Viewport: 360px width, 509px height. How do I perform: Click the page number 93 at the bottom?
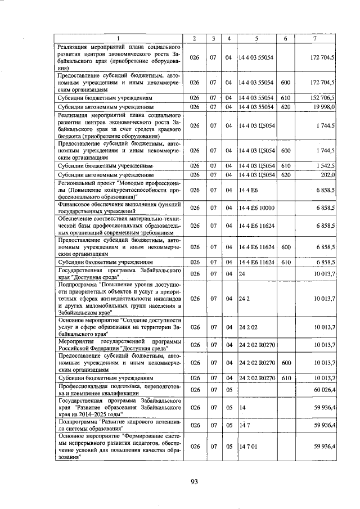pyautogui.click(x=195, y=481)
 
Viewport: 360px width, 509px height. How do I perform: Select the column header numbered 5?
pyautogui.click(x=255, y=38)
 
